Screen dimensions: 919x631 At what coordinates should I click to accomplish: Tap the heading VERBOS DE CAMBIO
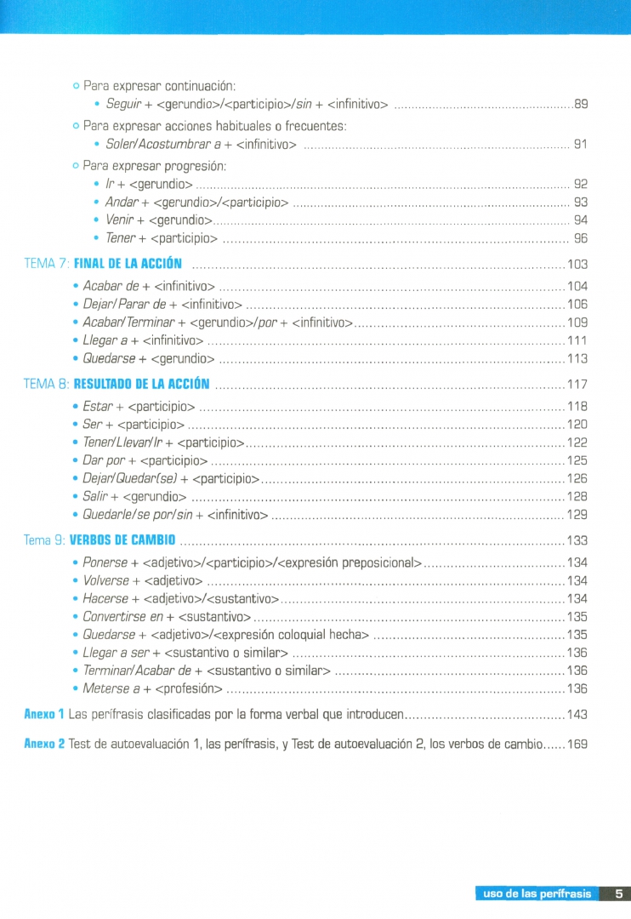tap(122, 540)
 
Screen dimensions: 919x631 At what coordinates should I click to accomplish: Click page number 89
tap(582, 106)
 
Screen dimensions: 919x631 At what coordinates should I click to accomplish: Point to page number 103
tap(577, 264)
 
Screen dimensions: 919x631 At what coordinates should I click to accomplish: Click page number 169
tap(577, 744)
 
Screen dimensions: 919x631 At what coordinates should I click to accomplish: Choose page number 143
tap(577, 714)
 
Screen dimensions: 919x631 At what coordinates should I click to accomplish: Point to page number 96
tap(582, 238)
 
